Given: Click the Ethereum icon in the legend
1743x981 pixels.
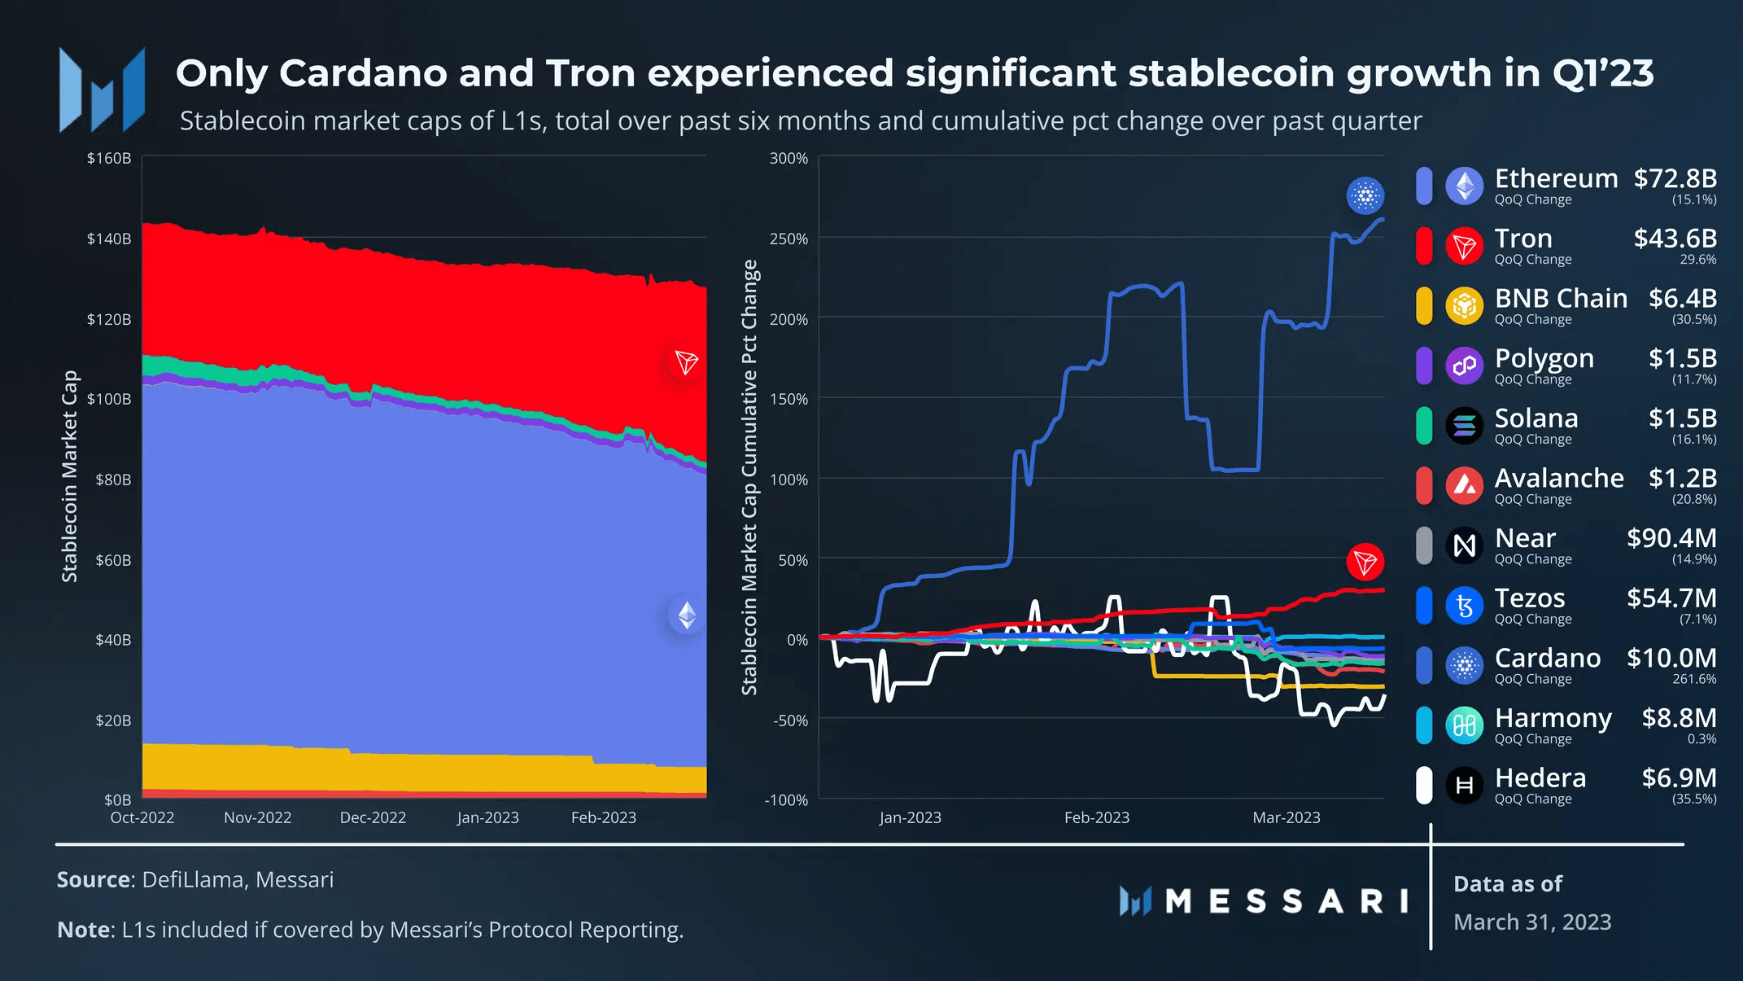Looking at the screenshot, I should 1464,186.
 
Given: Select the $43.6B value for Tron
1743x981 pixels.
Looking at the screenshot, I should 1675,239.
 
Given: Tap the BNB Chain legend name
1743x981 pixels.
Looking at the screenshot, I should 1561,299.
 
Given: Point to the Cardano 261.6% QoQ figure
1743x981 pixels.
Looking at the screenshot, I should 1694,679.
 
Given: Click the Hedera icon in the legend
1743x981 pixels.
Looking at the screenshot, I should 1464,786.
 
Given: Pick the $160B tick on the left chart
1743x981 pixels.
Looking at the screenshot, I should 109,158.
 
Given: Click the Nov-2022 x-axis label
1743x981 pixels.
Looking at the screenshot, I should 257,817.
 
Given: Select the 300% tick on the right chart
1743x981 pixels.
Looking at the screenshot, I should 788,158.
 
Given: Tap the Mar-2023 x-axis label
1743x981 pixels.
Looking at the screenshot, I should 1286,817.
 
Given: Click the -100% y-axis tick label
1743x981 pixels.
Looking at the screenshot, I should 786,800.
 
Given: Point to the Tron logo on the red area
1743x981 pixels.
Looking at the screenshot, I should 686,362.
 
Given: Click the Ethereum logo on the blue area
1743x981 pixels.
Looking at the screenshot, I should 687,615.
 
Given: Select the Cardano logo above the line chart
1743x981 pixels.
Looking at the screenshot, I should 1365,195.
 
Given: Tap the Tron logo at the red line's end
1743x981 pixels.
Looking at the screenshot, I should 1365,562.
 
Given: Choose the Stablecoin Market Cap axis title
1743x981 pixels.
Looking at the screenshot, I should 70,476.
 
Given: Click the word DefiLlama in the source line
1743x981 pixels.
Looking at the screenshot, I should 193,880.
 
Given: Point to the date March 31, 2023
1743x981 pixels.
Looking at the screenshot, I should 1532,922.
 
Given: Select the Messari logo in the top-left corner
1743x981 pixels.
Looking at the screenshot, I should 102,90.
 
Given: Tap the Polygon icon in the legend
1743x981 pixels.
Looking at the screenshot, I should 1464,366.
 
